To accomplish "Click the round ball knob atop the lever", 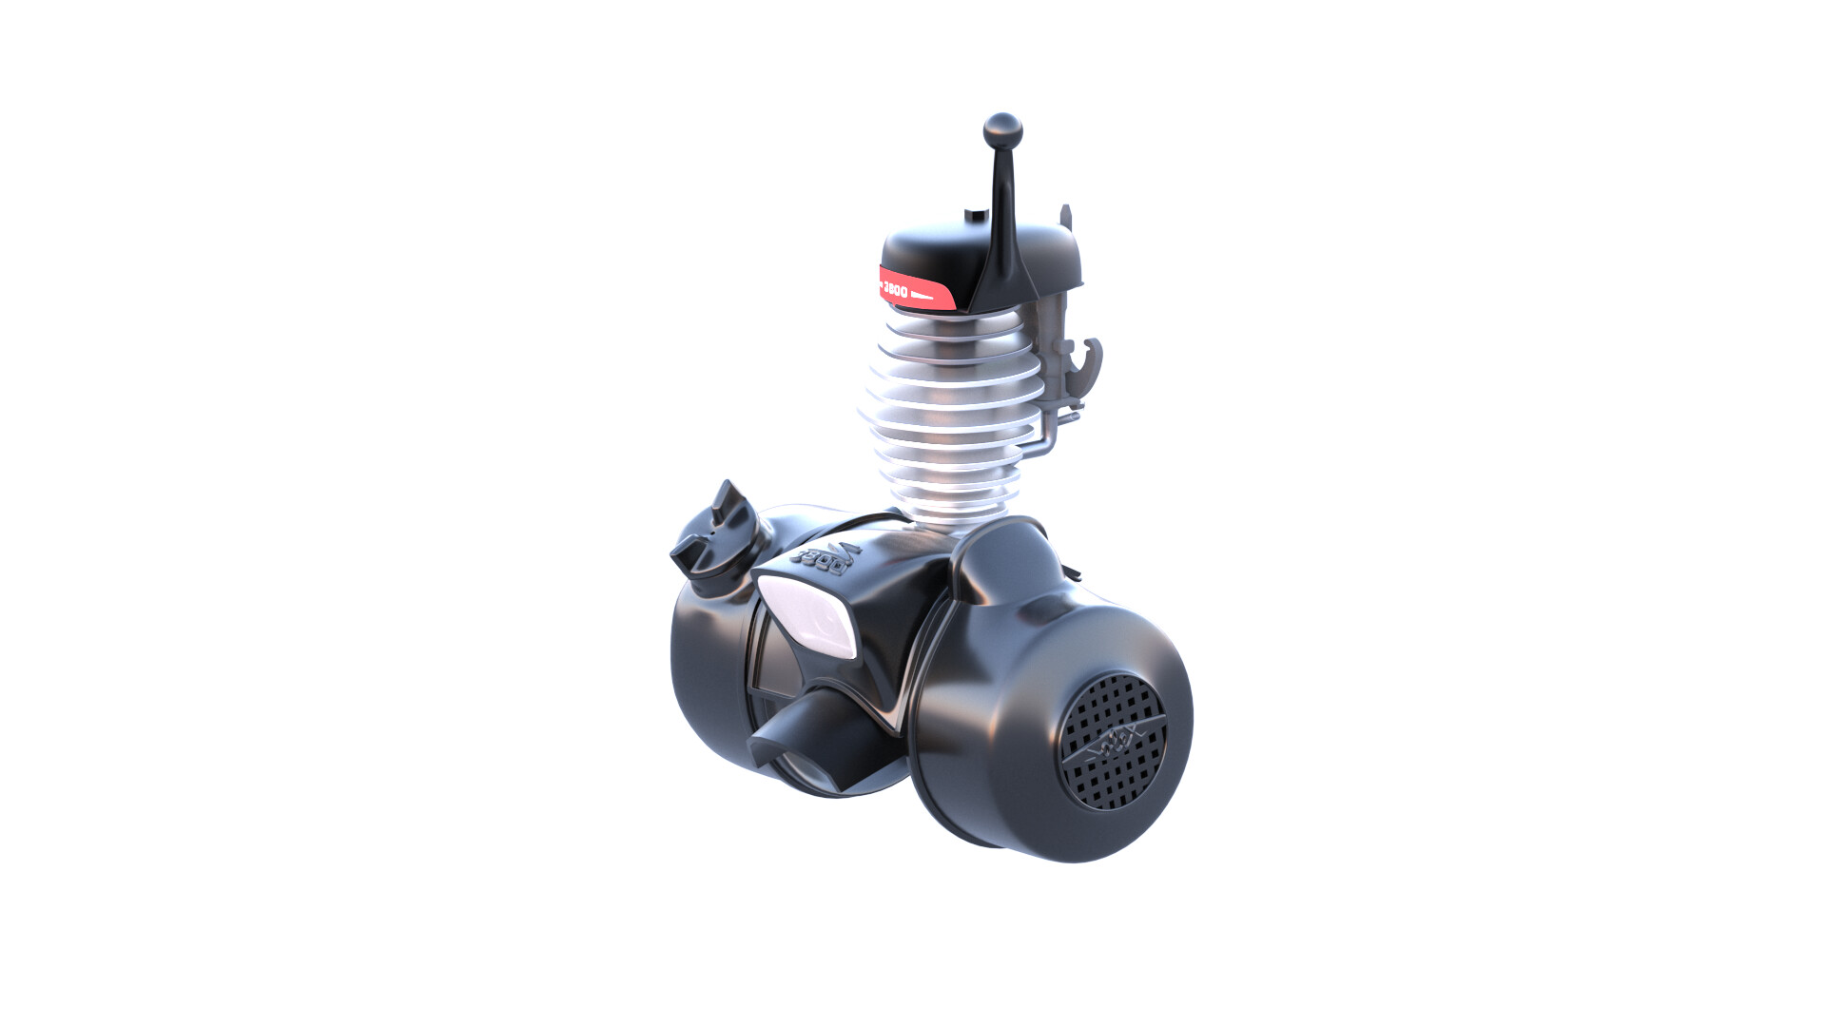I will pos(1001,128).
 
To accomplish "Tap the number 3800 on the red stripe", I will pos(896,290).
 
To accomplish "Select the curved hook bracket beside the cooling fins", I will pos(1087,367).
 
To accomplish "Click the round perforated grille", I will pos(1114,741).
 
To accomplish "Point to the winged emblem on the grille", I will pos(1114,743).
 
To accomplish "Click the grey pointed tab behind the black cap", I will pos(1066,219).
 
